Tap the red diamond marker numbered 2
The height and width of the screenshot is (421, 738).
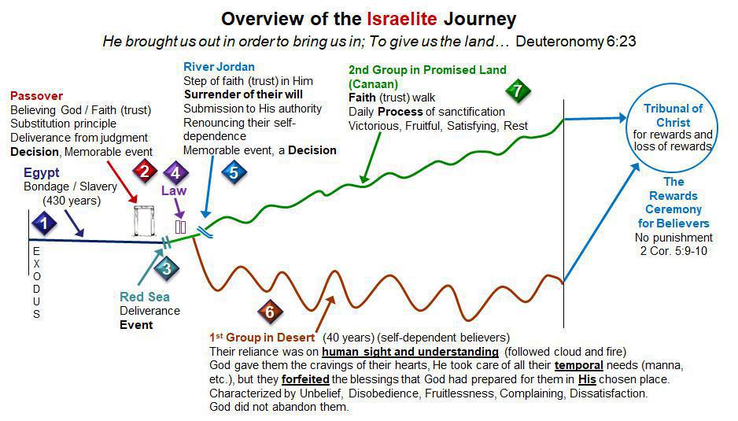coord(143,170)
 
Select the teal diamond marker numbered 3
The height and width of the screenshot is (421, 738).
coord(167,268)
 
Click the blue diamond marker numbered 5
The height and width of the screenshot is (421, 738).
coord(234,172)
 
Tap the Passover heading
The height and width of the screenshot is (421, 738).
coord(35,96)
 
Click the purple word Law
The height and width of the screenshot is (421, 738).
coord(175,190)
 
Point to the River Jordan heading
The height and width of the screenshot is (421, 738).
coord(220,67)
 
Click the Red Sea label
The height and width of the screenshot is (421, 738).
coord(145,297)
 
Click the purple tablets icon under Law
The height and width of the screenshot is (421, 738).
coord(180,227)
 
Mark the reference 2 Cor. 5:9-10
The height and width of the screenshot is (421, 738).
coord(673,250)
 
